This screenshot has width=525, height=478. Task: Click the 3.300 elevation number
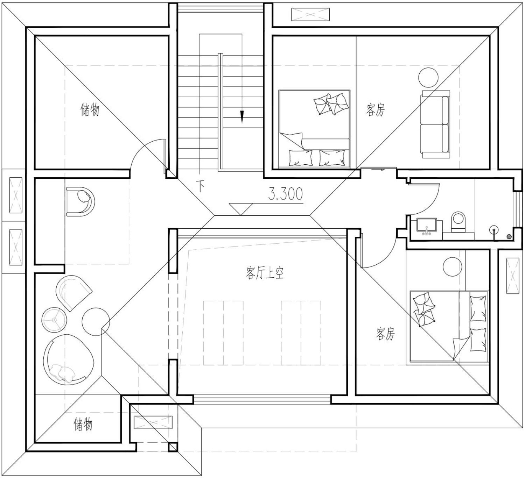(286, 194)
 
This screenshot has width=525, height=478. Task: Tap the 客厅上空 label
(265, 273)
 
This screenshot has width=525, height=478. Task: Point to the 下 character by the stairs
(201, 186)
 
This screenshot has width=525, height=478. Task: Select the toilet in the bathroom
(459, 222)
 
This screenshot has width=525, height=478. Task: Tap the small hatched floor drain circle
(509, 236)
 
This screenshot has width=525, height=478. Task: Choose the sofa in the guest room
(435, 124)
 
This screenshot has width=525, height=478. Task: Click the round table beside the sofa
(428, 77)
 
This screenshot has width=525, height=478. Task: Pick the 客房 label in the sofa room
(376, 110)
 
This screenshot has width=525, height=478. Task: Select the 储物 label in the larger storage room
(90, 109)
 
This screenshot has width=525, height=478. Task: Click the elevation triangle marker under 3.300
(241, 209)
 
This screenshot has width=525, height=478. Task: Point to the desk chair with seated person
(80, 202)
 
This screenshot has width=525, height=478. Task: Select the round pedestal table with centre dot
(55, 320)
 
